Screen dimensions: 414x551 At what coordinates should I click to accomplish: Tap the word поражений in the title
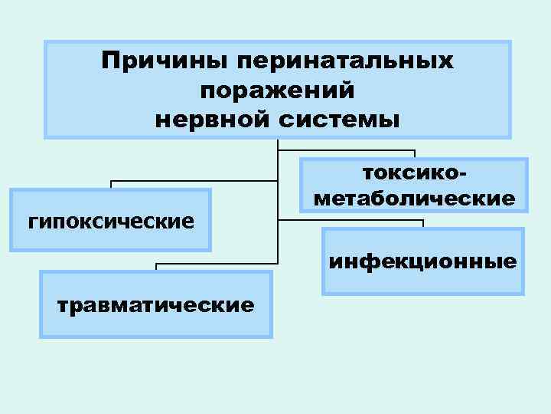tap(276, 90)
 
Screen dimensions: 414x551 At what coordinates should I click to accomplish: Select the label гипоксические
tap(111, 222)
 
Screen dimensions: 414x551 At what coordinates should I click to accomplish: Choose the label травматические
tap(155, 305)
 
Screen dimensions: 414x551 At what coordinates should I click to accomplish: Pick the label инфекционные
tap(423, 262)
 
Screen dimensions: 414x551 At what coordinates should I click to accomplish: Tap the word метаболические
tap(414, 199)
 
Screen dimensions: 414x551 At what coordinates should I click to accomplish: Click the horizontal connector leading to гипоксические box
tap(191, 181)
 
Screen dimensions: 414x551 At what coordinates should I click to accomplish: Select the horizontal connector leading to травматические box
tap(214, 263)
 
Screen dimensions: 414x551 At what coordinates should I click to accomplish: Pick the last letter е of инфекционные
tap(511, 262)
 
